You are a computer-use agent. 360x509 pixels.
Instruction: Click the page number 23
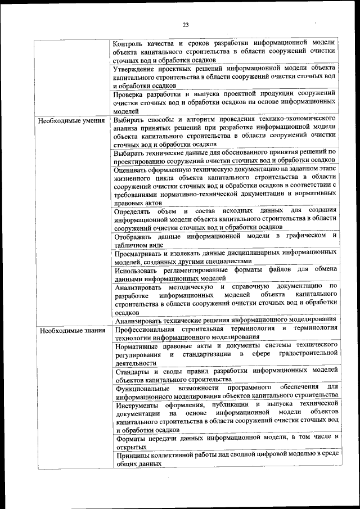tap(185, 24)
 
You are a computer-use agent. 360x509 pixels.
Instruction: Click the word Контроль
tap(130, 43)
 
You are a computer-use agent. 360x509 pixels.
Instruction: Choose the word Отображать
tap(133, 236)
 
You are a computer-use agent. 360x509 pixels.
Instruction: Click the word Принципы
tap(133, 455)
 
